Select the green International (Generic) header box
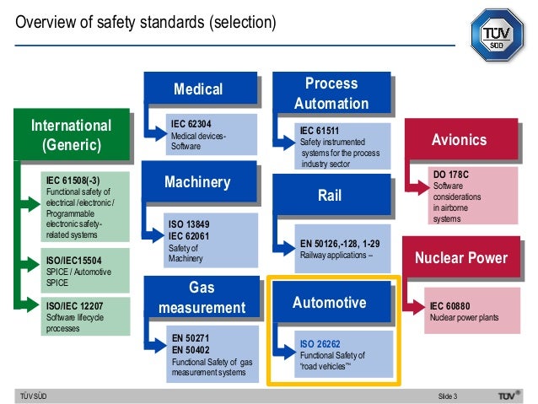tap(71, 135)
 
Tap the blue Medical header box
tap(198, 89)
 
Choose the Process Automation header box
tap(331, 94)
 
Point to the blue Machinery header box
tap(198, 183)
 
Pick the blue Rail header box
tap(330, 196)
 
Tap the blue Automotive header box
tap(330, 303)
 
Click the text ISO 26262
tap(319, 344)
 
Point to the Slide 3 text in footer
tap(447, 396)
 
